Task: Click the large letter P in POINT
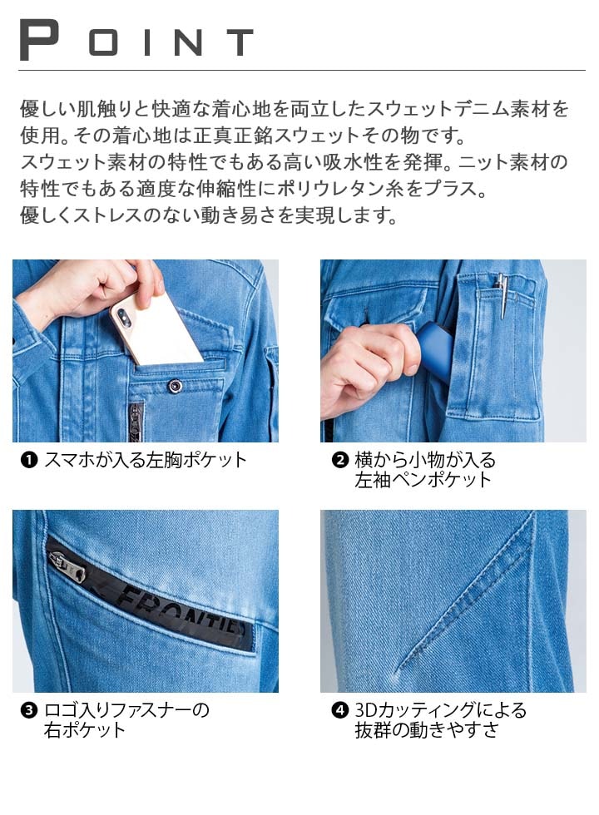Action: pos(39,39)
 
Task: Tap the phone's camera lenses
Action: pos(126,317)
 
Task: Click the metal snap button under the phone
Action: pos(175,386)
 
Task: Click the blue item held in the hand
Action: pos(437,349)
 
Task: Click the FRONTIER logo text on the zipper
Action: pos(182,611)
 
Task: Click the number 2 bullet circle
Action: pos(339,460)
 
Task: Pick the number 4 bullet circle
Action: pos(339,711)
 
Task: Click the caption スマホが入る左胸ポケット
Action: pos(146,460)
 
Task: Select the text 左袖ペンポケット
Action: pos(423,480)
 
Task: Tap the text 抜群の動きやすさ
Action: pos(427,731)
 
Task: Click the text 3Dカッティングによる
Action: pos(441,711)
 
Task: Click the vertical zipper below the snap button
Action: pos(136,421)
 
